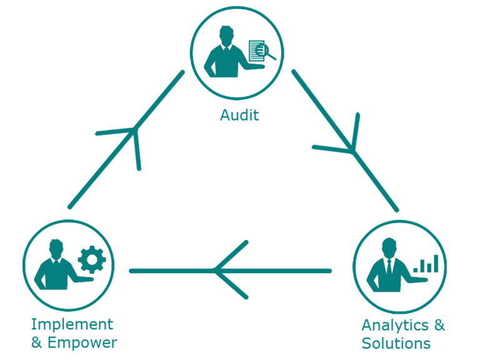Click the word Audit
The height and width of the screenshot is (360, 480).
(239, 116)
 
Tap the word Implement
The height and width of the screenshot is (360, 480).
(72, 324)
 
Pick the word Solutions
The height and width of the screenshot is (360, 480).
(396, 343)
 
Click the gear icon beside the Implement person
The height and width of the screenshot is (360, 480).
(92, 260)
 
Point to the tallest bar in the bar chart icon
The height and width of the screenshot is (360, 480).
(436, 262)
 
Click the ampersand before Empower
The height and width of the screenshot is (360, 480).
(36, 342)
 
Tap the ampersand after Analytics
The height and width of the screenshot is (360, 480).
(439, 325)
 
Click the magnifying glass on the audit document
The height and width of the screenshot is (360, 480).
(271, 54)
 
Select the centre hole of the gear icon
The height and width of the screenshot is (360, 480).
(92, 260)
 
